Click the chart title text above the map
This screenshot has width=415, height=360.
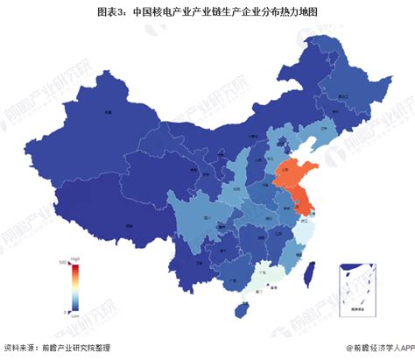coord(207,12)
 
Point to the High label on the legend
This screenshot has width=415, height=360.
coord(76,259)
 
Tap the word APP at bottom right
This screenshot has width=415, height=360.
coord(401,347)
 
